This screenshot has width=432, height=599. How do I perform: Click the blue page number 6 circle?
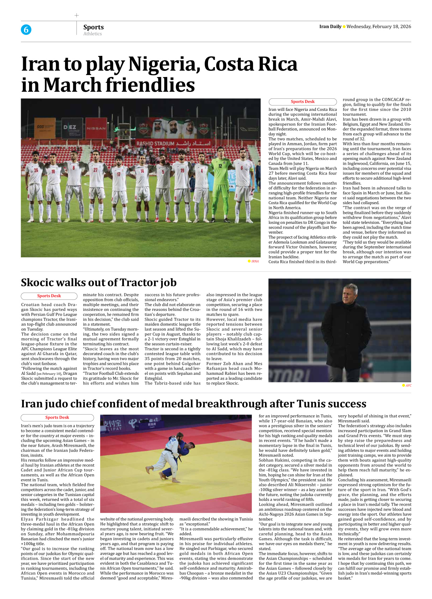pos(26,30)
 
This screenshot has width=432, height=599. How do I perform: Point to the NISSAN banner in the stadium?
pos(96,128)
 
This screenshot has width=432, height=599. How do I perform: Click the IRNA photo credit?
pos(255,261)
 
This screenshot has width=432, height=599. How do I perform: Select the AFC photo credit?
pos(408,386)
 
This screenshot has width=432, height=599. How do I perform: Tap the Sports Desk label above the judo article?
pos(57,418)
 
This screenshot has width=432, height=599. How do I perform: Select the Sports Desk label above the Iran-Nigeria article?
pos(302,102)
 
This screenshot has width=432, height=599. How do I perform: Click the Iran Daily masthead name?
pos(330,27)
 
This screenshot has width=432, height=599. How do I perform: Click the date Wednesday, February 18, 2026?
pos(378,27)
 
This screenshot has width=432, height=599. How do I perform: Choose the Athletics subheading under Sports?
pos(92,34)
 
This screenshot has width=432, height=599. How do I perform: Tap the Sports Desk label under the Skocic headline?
pos(49,296)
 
